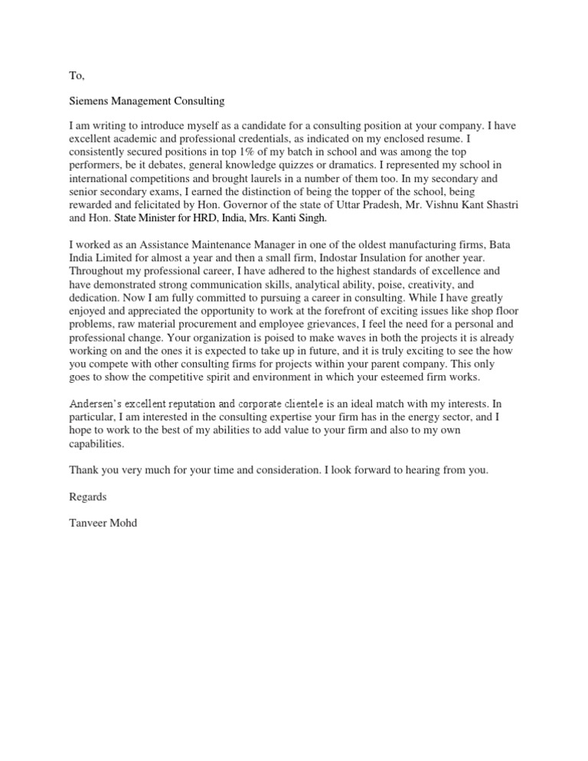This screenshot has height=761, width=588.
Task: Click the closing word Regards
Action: pos(88,496)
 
